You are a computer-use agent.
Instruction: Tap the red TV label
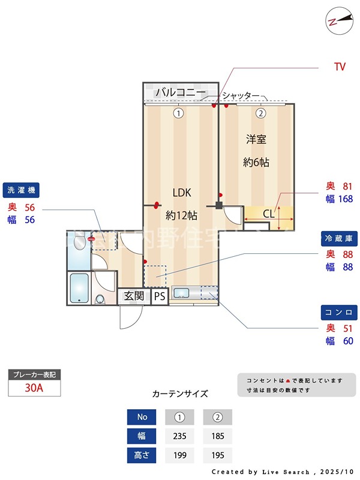[340, 67]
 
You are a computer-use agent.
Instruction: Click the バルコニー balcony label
[181, 92]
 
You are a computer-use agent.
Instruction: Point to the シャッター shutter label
[241, 96]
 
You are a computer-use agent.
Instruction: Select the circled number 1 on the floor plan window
[178, 113]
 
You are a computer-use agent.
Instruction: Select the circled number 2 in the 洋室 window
[260, 113]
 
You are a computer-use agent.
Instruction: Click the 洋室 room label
[256, 139]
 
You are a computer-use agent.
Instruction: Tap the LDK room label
[182, 193]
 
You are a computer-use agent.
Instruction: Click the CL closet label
[268, 214]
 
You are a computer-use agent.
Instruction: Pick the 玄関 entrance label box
[134, 296]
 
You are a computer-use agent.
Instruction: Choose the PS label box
[160, 296]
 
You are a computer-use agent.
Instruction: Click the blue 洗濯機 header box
[22, 190]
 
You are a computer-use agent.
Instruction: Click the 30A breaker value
[34, 388]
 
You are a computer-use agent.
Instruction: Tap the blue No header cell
[142, 416]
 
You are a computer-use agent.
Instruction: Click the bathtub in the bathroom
[79, 287]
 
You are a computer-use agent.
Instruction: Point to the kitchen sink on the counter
[181, 293]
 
